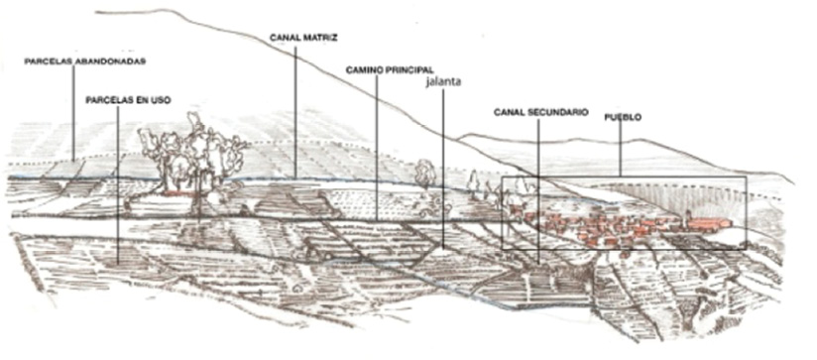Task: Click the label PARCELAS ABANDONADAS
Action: click(x=85, y=60)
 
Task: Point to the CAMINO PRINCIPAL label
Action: click(x=392, y=71)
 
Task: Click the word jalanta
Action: click(x=442, y=84)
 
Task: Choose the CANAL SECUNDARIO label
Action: click(x=541, y=113)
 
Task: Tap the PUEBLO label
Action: click(x=623, y=117)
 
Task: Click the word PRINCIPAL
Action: click(x=410, y=71)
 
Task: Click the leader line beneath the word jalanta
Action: click(x=442, y=169)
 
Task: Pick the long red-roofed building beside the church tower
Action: click(x=711, y=225)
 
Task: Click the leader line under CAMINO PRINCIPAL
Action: click(x=377, y=149)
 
